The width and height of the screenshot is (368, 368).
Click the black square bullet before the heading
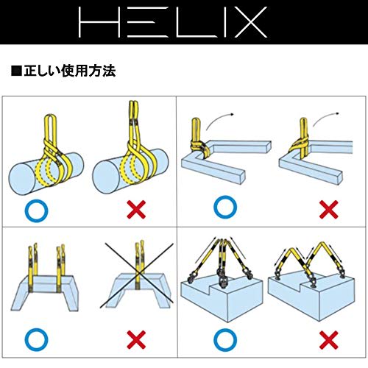[16, 72]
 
